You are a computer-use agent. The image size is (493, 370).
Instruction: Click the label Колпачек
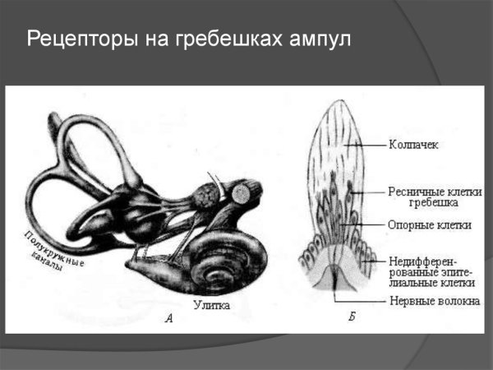coord(413,146)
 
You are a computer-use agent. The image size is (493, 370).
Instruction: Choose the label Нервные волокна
coord(432,301)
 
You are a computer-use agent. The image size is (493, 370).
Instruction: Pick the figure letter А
coord(169,320)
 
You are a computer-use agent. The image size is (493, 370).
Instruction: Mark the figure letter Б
coord(352,317)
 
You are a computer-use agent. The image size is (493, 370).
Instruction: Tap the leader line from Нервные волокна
coord(362,300)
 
